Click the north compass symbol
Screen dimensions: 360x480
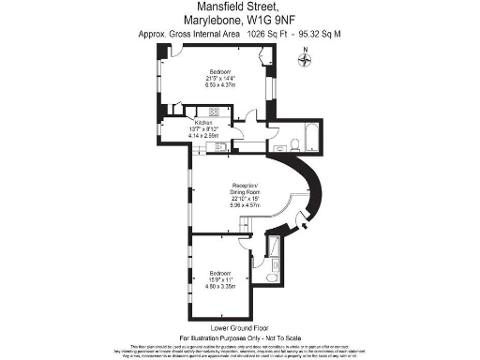pos(305,60)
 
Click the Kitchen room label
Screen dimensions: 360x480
pos(203,123)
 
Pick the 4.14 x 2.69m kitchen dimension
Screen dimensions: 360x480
pos(203,136)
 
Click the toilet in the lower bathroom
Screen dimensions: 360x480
pos(271,277)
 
